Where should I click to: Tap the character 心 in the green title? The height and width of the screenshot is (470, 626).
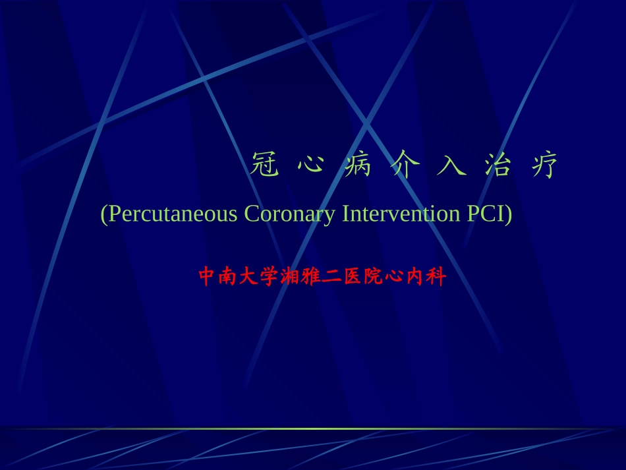[310, 165]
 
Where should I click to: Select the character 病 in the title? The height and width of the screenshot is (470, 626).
[358, 165]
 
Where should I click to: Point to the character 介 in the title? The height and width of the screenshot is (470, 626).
[405, 165]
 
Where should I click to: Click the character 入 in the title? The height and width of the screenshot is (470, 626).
[451, 165]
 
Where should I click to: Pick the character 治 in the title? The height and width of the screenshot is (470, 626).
[498, 165]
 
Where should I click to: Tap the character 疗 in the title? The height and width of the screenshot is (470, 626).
[544, 165]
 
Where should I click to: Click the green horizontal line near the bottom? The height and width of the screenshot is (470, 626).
[313, 428]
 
